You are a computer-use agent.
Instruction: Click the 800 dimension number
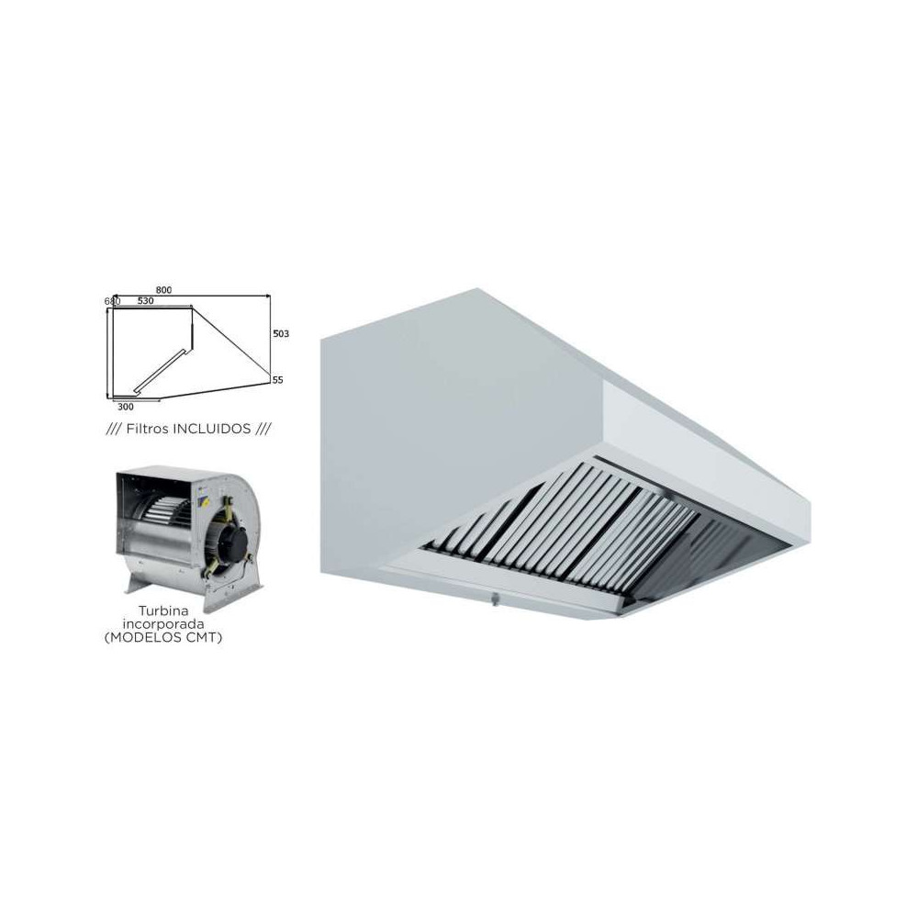pos(188,290)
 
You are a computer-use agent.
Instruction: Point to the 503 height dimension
pos(282,334)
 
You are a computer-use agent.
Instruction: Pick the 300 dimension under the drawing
pos(127,406)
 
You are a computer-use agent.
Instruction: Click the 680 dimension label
pos(112,301)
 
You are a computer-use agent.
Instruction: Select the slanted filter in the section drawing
pos(163,367)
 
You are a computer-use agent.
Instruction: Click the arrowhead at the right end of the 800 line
pos(266,297)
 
